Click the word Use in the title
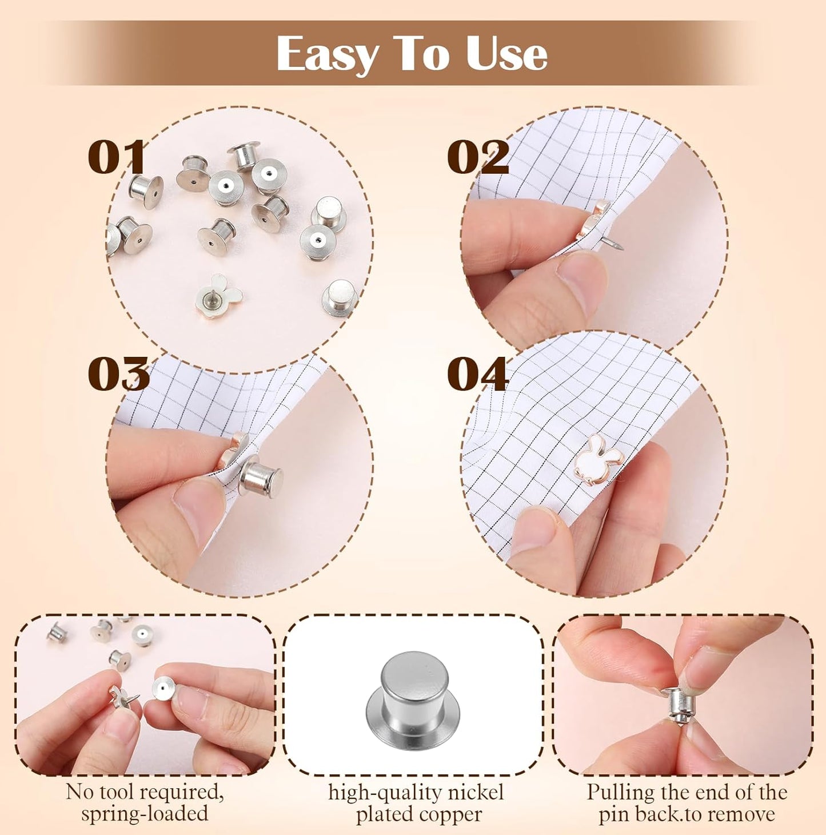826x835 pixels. click(506, 54)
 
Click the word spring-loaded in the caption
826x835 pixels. click(144, 814)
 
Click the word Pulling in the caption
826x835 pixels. click(620, 793)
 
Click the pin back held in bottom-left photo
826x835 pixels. click(165, 686)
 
